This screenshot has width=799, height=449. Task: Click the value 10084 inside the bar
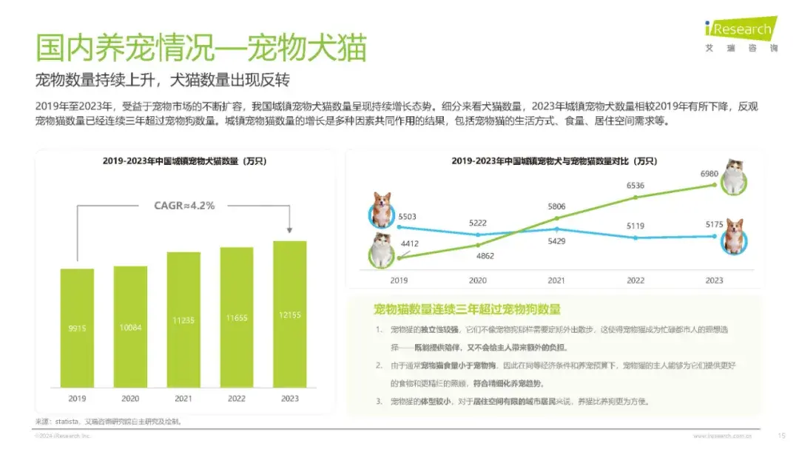click(x=130, y=327)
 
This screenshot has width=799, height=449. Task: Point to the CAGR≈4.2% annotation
click(x=184, y=206)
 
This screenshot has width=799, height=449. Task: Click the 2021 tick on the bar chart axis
click(x=183, y=399)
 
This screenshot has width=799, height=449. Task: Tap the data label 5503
click(x=408, y=216)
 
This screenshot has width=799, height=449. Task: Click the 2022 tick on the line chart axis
click(x=636, y=280)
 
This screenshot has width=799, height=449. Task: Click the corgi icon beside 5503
click(x=382, y=210)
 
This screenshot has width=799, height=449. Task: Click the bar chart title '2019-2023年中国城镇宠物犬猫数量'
click(x=184, y=161)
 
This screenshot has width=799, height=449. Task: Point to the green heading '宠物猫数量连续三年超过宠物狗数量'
click(x=467, y=309)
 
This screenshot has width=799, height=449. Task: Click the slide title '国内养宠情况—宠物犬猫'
click(x=201, y=47)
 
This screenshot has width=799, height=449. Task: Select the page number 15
click(x=781, y=436)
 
